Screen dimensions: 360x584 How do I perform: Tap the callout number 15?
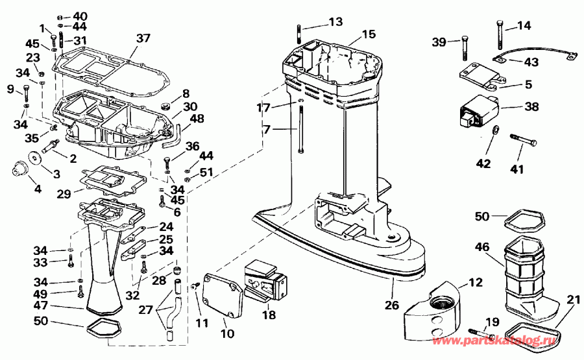[x=368, y=33]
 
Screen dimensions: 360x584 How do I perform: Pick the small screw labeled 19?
[x=476, y=331]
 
